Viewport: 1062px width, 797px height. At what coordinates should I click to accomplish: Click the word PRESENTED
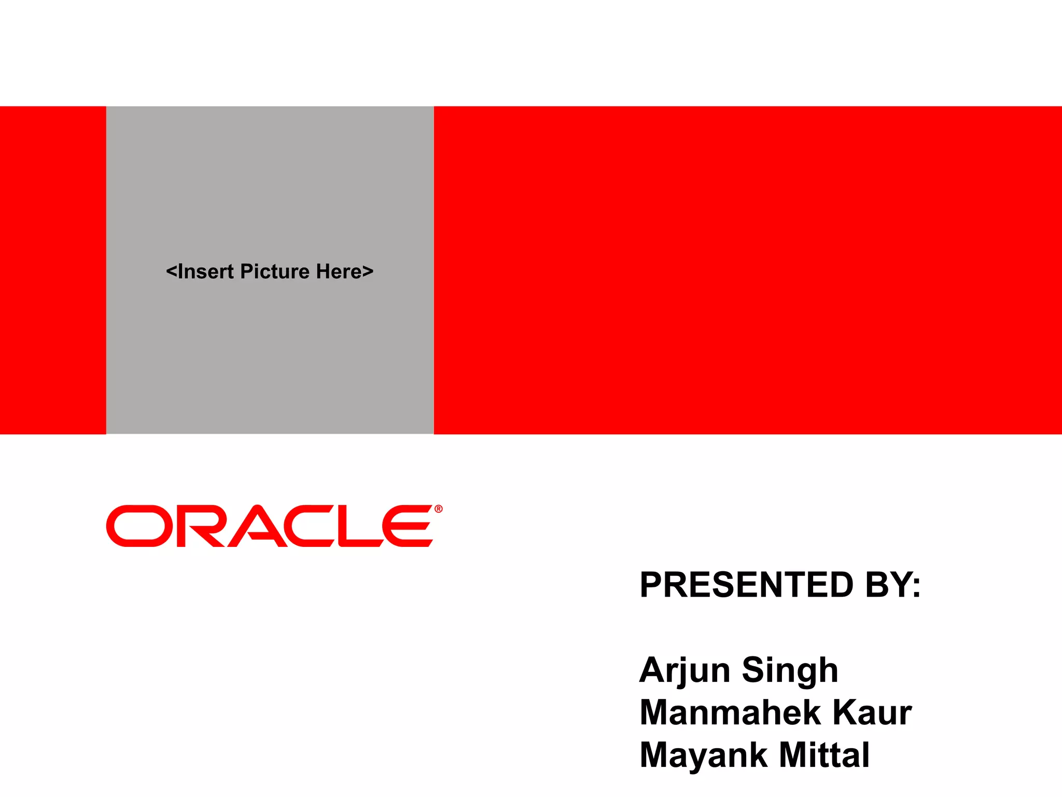tap(747, 585)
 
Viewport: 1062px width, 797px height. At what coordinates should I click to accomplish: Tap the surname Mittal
tap(824, 755)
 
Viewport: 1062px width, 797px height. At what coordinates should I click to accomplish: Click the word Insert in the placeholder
tap(205, 272)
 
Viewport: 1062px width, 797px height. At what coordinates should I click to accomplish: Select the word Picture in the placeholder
tap(275, 272)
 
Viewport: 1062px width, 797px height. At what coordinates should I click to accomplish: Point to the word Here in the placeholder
tap(339, 272)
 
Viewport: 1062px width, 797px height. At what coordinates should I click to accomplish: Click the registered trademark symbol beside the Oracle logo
tap(439, 509)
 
